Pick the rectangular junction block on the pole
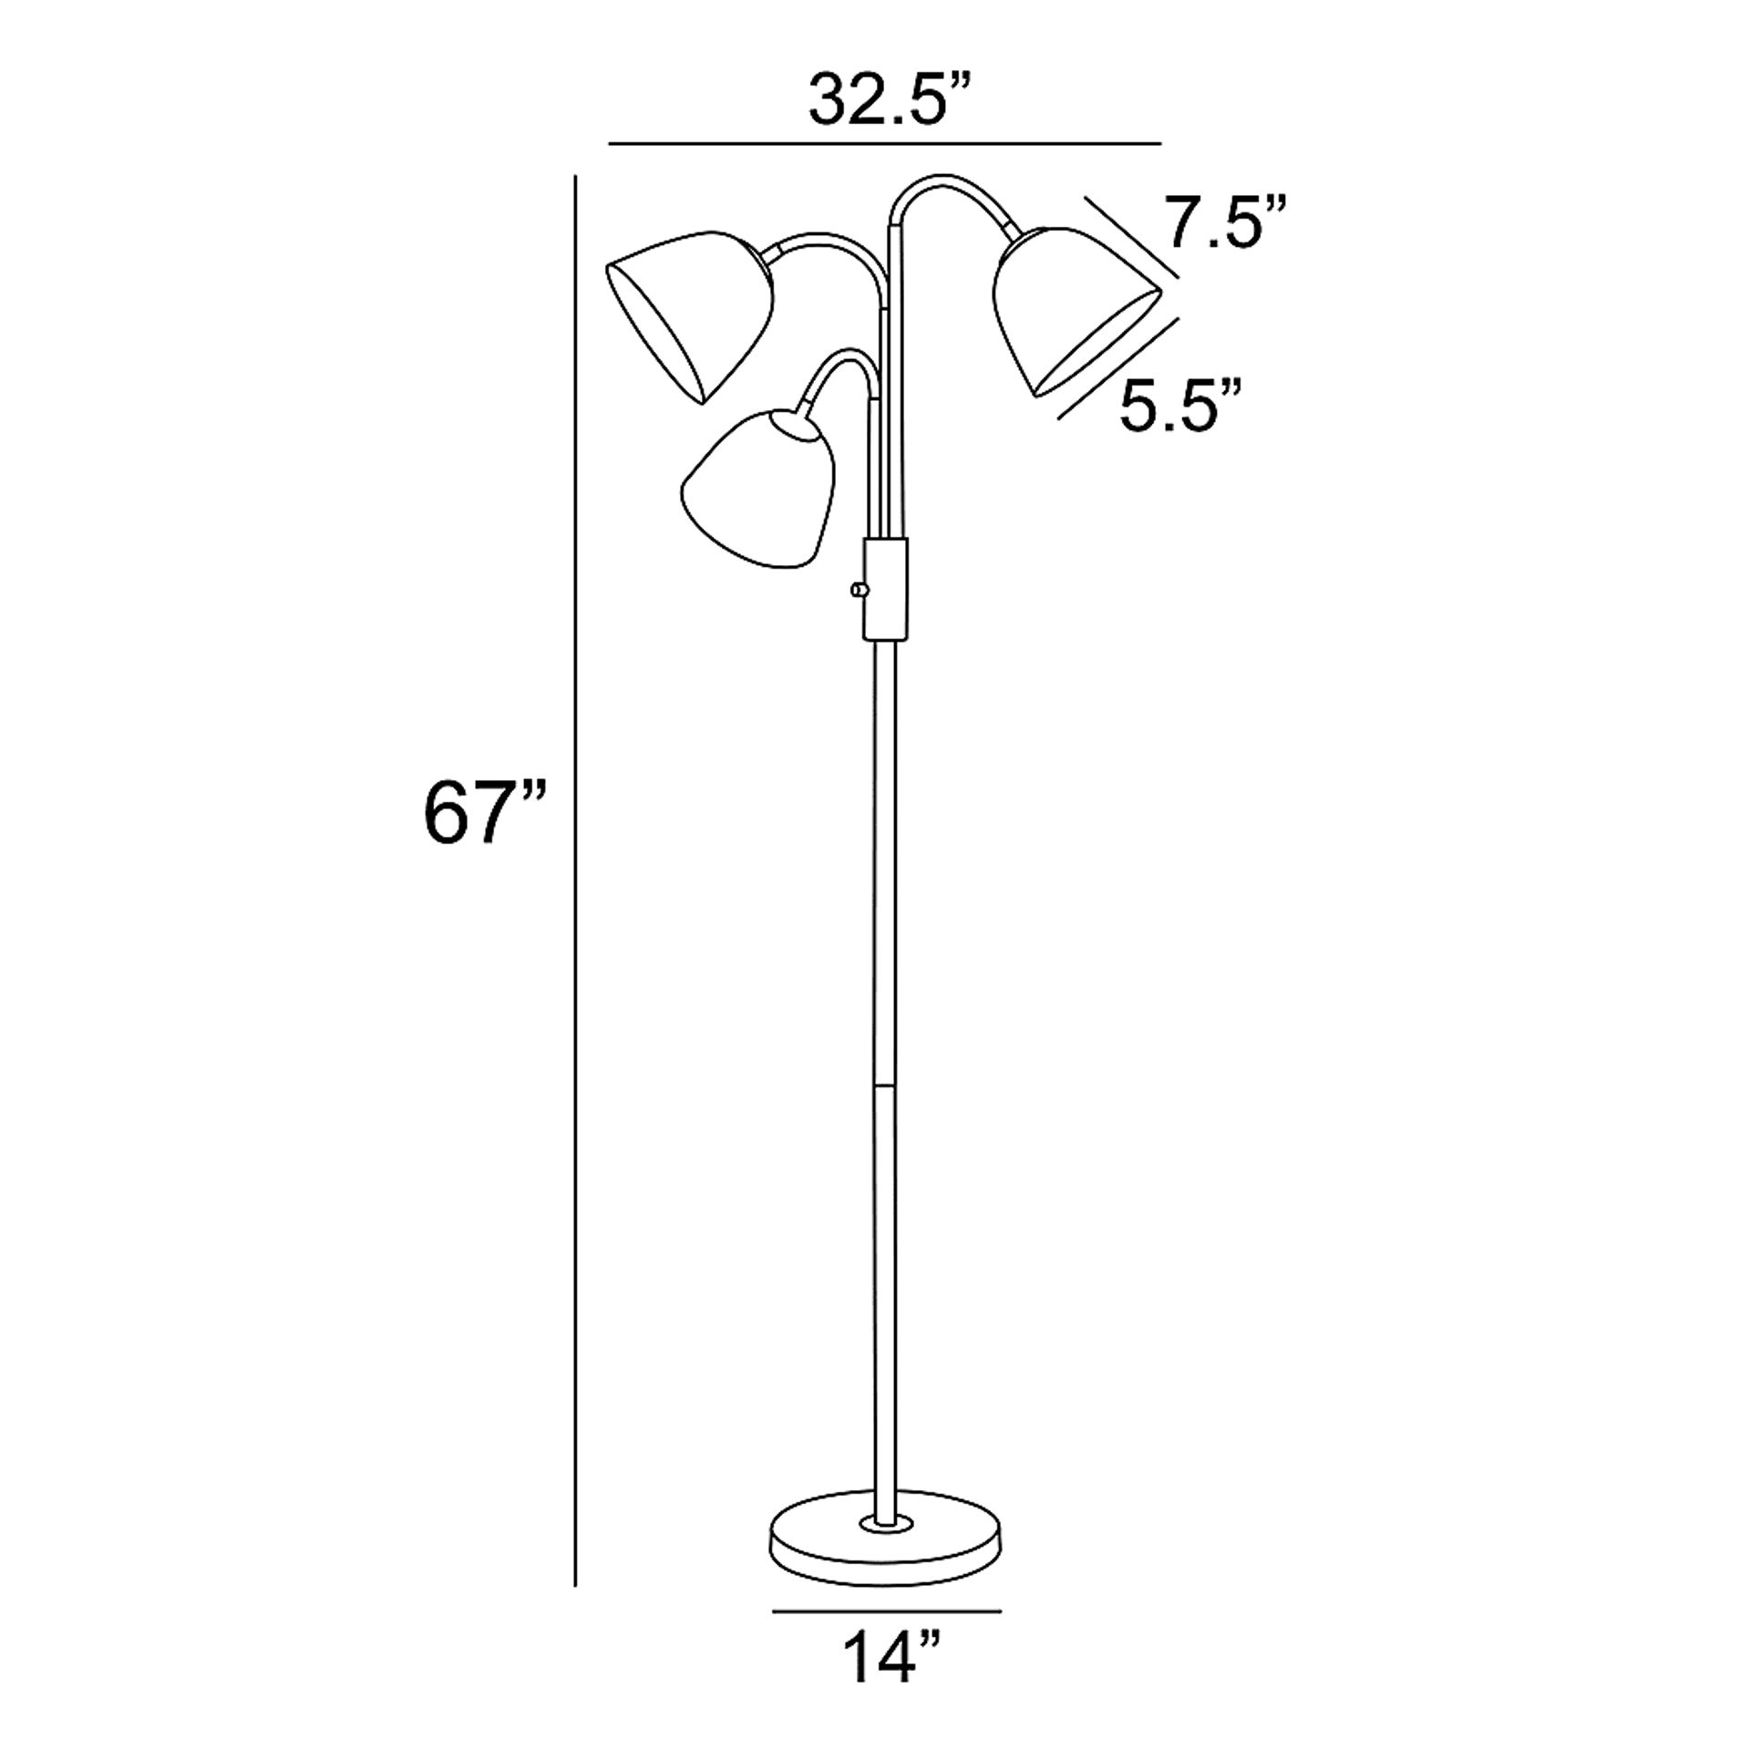pyautogui.click(x=885, y=589)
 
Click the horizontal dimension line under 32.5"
pyautogui.click(x=885, y=144)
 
